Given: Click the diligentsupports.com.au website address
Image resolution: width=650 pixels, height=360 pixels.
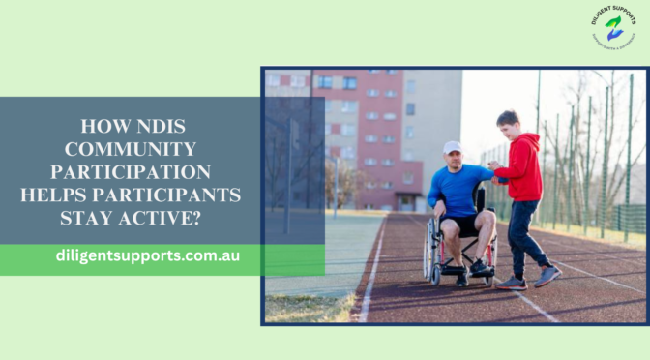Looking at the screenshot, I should point(148,257).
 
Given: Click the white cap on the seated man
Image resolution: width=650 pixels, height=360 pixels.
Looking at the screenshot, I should point(452,147).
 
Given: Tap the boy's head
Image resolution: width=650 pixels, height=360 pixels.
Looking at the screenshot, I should point(509,122).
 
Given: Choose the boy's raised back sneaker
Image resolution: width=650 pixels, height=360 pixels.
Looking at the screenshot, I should point(547,276).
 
